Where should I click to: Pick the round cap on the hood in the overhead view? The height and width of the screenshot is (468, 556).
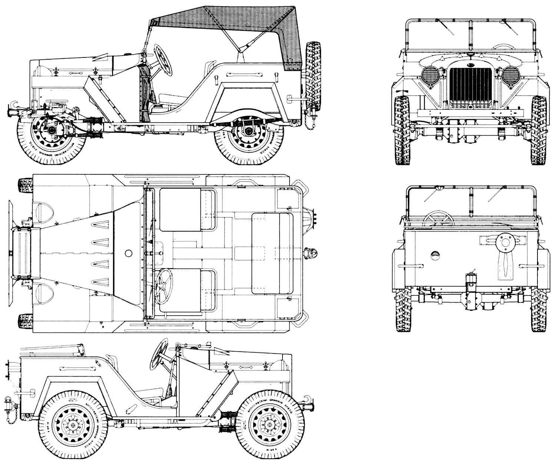[129, 253]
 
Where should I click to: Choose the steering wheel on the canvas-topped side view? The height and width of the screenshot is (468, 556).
[163, 59]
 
